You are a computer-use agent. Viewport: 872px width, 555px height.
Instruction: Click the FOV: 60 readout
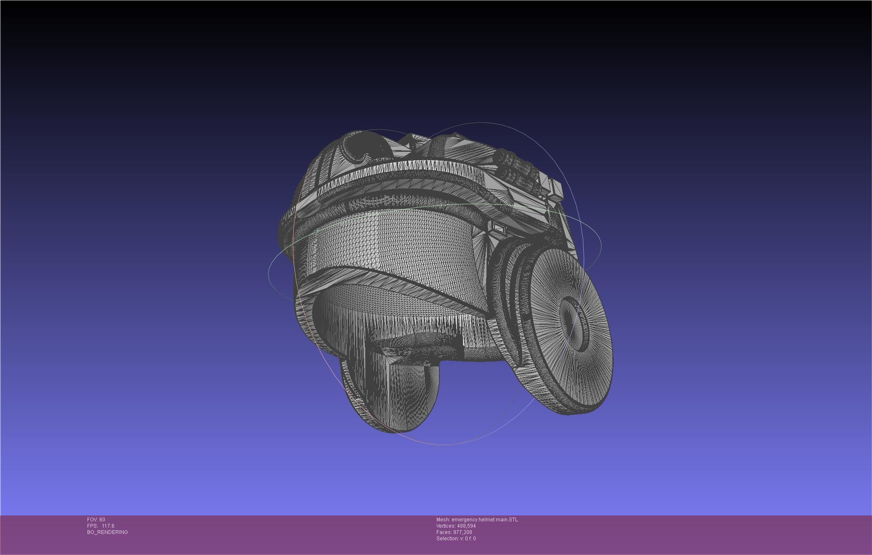96,520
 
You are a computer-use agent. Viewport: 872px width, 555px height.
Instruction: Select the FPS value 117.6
108,526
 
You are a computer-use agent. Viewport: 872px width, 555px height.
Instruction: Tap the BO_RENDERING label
107,532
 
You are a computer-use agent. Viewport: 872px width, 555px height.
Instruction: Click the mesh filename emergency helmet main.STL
485,520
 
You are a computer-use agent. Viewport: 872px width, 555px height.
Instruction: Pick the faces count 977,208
463,532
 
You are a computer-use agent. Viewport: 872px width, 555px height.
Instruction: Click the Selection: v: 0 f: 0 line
456,539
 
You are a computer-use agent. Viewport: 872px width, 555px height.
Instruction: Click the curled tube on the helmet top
362,147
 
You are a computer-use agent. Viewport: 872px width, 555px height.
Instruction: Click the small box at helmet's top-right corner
556,189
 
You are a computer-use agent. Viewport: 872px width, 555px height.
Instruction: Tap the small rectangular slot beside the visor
499,228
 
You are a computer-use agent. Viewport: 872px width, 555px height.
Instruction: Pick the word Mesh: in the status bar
443,520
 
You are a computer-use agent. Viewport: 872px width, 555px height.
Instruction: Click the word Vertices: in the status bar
446,526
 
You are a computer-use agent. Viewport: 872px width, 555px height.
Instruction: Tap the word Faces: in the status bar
444,532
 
